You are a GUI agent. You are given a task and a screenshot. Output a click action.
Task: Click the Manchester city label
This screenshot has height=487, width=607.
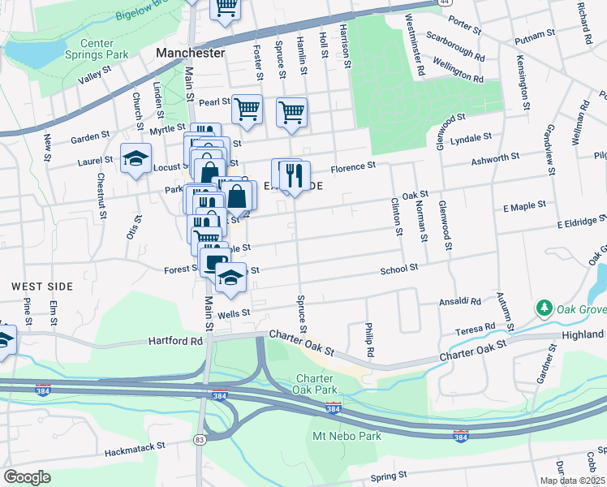click(x=190, y=53)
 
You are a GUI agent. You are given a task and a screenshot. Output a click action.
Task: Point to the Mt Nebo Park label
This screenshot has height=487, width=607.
click(x=347, y=436)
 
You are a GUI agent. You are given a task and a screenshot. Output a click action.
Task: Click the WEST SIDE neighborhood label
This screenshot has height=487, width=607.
click(x=42, y=287)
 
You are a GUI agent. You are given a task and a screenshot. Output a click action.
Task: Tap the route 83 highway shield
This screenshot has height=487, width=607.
click(x=200, y=439)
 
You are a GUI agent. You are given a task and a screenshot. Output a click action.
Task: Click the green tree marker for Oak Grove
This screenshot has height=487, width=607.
click(x=544, y=308)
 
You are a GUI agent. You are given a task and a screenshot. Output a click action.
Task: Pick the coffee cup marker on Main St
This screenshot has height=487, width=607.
click(x=214, y=261)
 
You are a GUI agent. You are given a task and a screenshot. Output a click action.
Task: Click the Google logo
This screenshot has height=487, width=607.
click(x=27, y=477)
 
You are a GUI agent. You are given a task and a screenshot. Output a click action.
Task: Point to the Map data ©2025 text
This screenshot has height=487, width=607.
click(x=572, y=481)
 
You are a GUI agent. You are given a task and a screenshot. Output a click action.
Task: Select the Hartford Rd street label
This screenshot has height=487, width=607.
click(x=168, y=342)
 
